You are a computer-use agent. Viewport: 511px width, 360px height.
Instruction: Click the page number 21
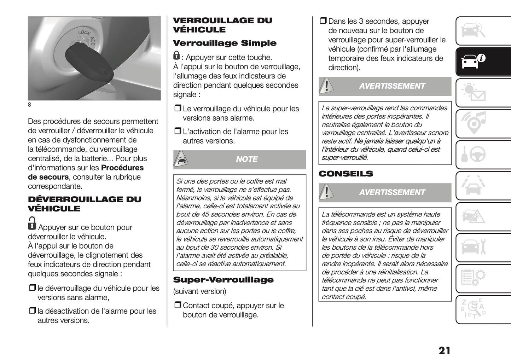[x=444, y=350]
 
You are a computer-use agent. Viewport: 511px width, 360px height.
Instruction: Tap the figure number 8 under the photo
[x=30, y=105]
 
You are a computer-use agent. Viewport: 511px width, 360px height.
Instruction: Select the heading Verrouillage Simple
[x=225, y=43]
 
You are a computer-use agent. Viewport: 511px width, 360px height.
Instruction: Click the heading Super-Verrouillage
[x=223, y=280]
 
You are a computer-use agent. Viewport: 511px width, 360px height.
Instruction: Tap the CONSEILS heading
[x=345, y=174]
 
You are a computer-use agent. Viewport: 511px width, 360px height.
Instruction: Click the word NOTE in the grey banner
[x=246, y=159]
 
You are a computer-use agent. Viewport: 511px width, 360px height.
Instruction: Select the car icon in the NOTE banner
[x=180, y=159]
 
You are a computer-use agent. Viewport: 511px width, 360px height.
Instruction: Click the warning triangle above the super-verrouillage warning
[x=326, y=86]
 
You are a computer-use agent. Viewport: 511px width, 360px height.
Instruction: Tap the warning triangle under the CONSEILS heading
[x=326, y=192]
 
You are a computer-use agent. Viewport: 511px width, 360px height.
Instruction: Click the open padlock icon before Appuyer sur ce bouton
[x=32, y=223]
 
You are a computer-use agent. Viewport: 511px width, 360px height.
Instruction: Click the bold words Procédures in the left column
[x=122, y=168]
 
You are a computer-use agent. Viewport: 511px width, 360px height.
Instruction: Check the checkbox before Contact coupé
[x=178, y=305]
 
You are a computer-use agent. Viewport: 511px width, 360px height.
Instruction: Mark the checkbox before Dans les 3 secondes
[x=323, y=21]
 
